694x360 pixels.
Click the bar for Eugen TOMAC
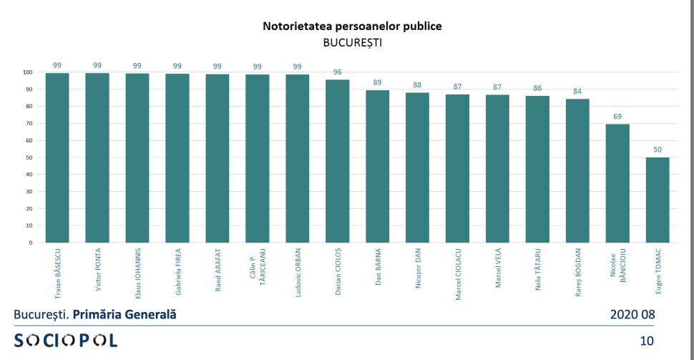point(658,200)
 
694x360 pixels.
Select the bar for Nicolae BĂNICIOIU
point(617,183)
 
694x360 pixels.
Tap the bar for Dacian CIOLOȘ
point(337,161)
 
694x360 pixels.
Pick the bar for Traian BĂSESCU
point(57,157)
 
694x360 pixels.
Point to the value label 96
point(337,72)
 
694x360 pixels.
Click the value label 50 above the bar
point(658,150)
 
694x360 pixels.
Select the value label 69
point(617,116)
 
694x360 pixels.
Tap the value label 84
point(577,91)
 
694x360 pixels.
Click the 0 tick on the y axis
point(30,243)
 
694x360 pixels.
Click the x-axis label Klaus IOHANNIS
point(137,273)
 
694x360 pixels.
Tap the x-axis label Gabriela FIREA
point(177,273)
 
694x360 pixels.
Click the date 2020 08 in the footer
point(631,314)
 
